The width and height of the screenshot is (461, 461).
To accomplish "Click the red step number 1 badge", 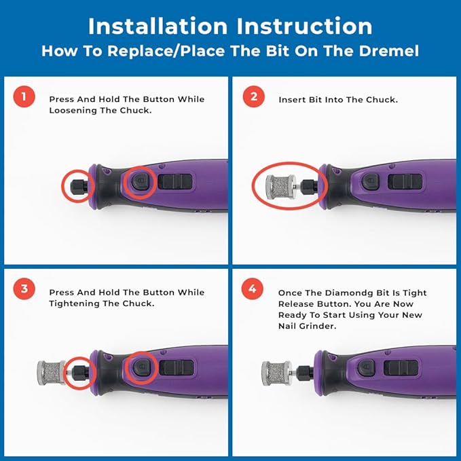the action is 24,96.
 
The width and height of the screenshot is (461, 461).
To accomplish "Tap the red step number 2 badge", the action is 254,96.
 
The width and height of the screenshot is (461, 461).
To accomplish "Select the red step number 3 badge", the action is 24,289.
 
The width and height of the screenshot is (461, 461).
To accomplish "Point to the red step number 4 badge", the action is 253,289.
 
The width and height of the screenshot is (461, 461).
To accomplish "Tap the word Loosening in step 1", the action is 68,111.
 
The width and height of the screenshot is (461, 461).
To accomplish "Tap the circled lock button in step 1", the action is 141,182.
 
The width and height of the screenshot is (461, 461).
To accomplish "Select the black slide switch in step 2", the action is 405,182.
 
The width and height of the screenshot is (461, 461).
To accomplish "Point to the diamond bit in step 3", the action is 51,373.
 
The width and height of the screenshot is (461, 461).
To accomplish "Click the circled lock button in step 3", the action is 142,367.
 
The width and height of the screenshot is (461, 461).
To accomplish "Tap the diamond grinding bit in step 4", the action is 276,373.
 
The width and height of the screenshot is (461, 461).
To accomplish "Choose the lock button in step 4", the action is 367,368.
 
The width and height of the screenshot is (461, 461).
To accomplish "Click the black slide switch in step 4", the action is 401,368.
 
